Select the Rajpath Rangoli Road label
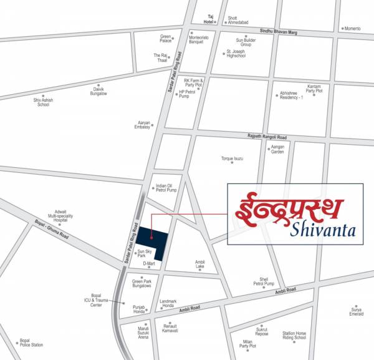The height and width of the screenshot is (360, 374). click(266, 137)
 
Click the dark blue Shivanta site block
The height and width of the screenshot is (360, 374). click(152, 240)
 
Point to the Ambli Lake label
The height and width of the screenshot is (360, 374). click(199, 264)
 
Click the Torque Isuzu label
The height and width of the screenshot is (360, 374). click(232, 158)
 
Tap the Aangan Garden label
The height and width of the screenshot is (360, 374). click(277, 150)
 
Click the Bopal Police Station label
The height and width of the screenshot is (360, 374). click(31, 343)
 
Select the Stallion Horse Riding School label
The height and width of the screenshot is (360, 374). click(295, 336)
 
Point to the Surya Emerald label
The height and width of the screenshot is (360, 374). click(356, 311)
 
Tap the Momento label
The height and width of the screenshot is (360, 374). click(353, 29)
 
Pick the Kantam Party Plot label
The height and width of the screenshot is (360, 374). click(310, 90)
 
